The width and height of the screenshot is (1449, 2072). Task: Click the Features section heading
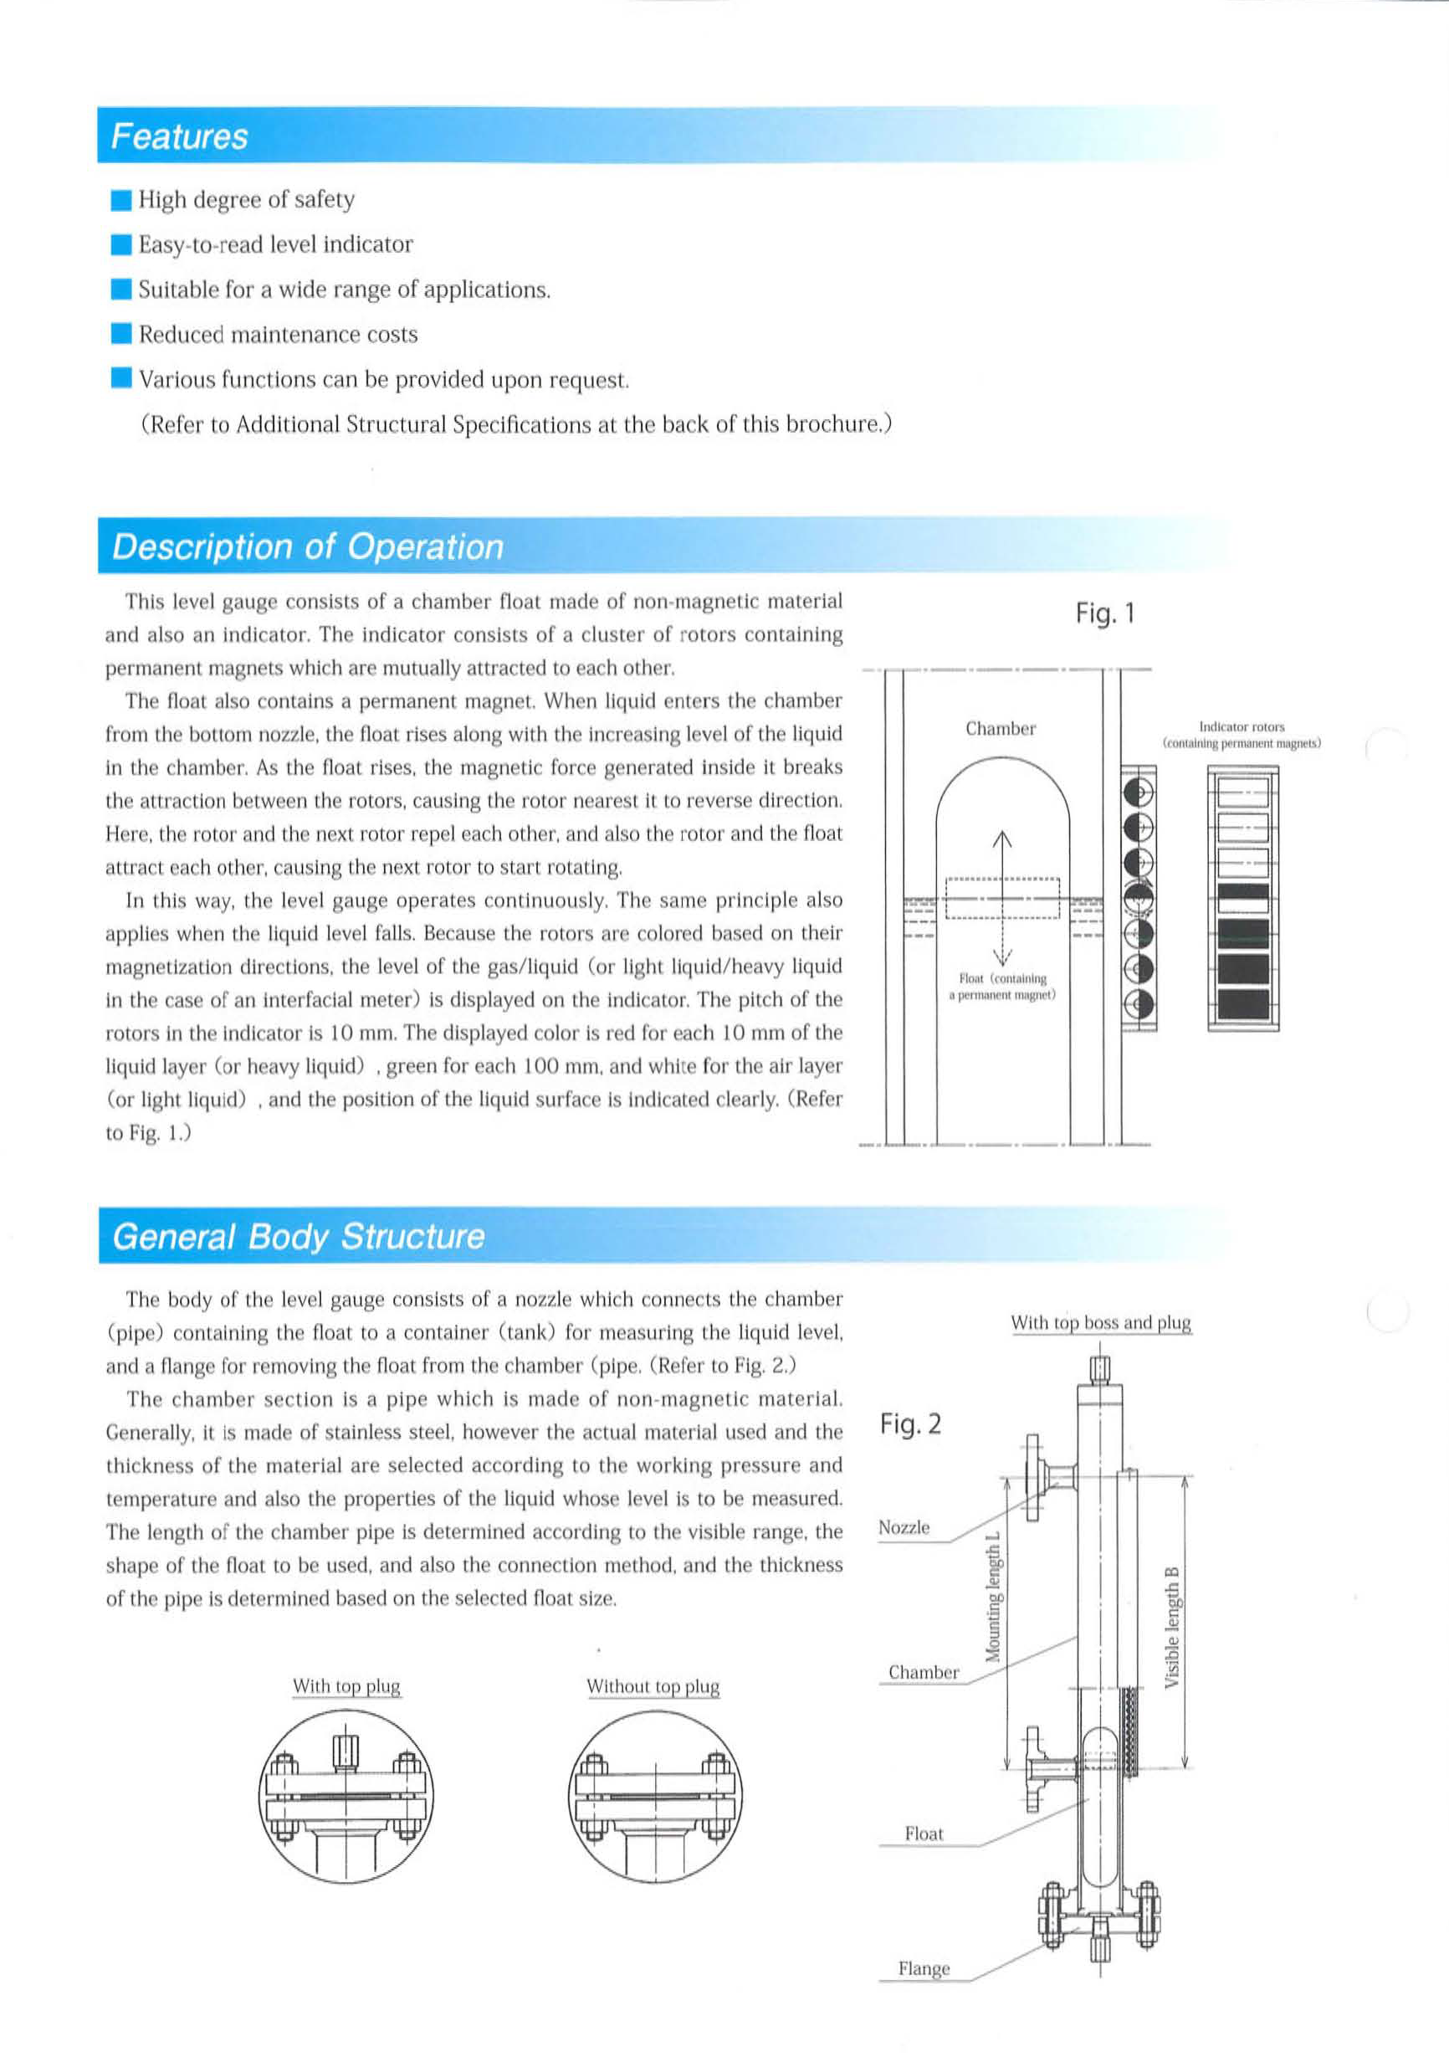tap(179, 136)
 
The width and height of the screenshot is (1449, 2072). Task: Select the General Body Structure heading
tap(298, 1236)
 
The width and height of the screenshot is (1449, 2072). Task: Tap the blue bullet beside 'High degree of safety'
tap(122, 200)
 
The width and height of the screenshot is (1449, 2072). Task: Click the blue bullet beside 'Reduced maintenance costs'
tap(122, 335)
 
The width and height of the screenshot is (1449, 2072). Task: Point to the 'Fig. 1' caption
tap(1104, 614)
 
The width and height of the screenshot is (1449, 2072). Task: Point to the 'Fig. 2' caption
tap(910, 1424)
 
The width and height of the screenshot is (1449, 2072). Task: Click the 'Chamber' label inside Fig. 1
tap(1001, 729)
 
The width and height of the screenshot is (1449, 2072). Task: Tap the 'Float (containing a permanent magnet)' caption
tap(1002, 987)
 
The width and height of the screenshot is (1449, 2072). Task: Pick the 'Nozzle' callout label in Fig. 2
tap(904, 1528)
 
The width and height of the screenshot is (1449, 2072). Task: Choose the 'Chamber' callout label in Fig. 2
tap(923, 1672)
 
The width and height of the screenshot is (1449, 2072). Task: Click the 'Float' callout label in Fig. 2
tap(924, 1834)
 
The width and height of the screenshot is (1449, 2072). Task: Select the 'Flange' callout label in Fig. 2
tap(924, 1969)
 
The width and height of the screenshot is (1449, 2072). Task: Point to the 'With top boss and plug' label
tap(1101, 1323)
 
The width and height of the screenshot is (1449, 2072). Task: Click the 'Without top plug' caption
tap(653, 1687)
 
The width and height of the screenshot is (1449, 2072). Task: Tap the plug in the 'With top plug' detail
tap(346, 1753)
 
